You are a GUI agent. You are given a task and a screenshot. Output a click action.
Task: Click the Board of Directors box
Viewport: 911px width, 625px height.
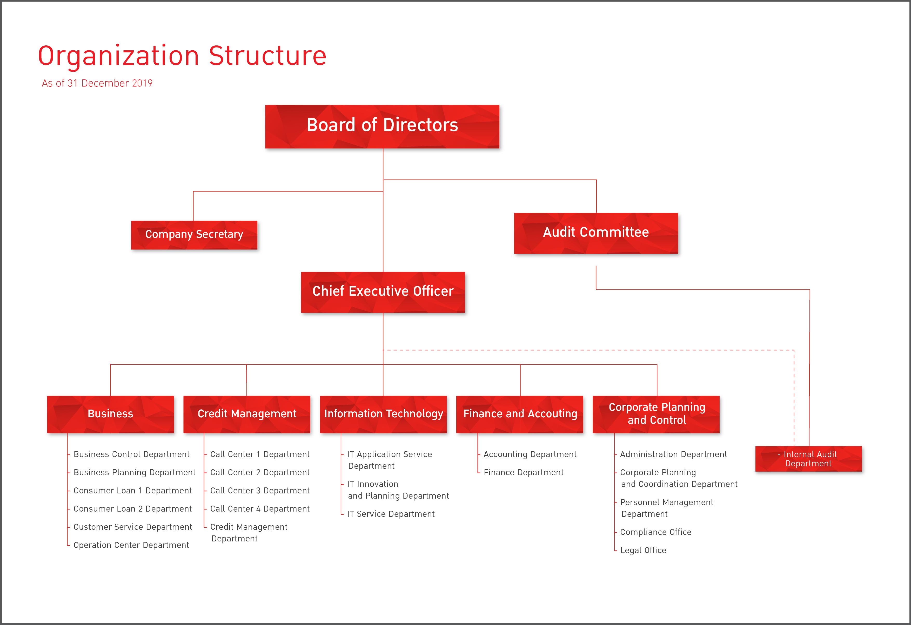382,127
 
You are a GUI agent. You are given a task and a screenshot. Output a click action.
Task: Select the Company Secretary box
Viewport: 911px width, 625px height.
194,235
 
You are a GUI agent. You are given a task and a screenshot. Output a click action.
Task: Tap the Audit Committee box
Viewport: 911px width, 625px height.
596,233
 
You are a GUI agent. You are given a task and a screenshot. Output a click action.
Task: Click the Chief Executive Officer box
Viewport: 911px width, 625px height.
383,292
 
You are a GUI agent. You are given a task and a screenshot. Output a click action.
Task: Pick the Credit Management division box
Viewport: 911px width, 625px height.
247,414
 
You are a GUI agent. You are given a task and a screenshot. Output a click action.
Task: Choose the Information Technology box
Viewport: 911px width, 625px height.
383,414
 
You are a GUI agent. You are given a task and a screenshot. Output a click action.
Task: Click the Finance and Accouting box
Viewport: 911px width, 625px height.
520,414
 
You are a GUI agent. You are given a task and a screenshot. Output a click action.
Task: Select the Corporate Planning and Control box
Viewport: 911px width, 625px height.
656,414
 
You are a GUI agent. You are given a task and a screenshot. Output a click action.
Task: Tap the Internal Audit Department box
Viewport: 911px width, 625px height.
809,459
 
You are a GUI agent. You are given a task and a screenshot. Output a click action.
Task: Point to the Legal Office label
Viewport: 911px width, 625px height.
643,550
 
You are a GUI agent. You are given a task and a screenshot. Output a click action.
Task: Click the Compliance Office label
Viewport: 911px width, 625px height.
655,532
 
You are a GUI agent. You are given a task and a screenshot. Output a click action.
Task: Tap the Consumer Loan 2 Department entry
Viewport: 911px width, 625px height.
132,509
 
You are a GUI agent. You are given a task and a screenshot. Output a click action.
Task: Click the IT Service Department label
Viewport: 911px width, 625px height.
391,514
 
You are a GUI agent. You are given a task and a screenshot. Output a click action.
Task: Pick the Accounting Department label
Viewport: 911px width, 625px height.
530,454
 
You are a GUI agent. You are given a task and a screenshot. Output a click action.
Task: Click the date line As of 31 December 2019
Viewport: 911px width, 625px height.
97,83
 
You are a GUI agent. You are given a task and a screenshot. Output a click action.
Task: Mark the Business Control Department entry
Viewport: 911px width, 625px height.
131,454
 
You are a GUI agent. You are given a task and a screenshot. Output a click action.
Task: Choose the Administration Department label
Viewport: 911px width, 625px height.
673,454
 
